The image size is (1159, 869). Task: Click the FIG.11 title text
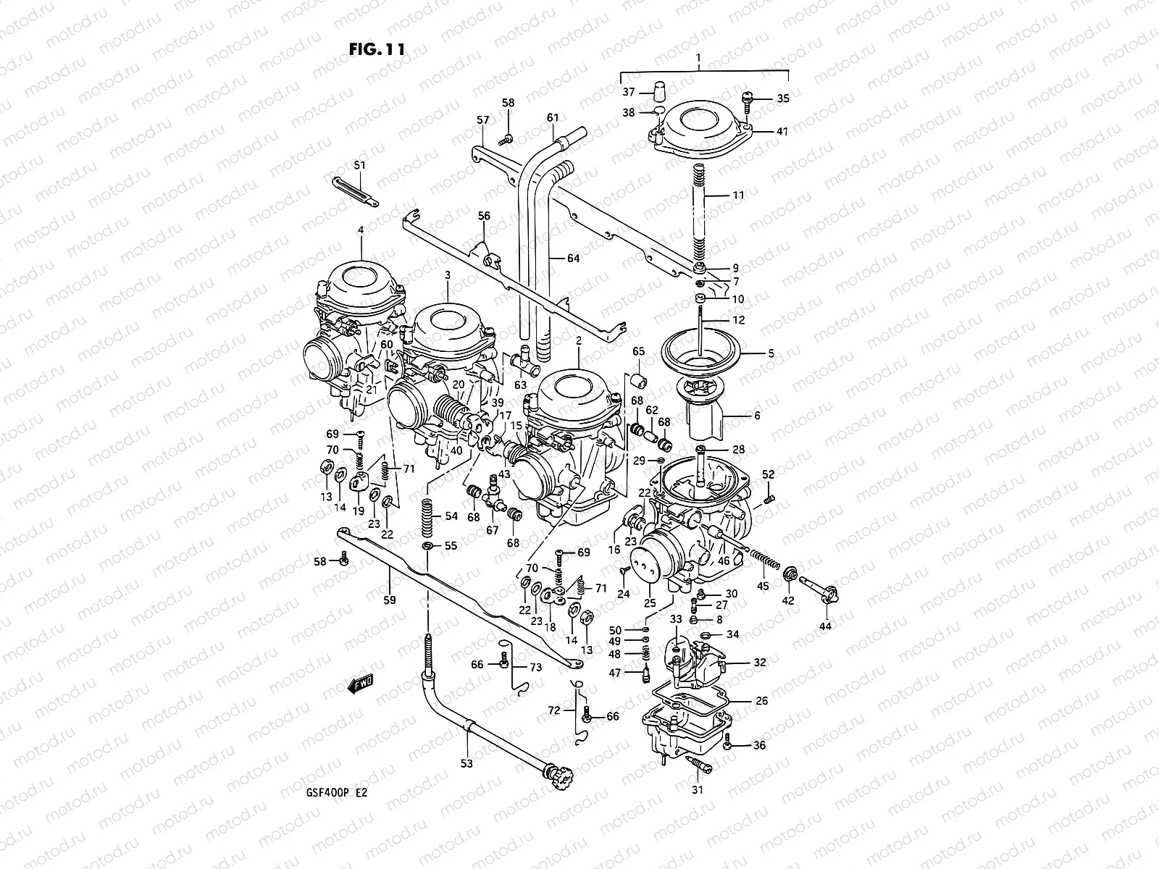(x=376, y=49)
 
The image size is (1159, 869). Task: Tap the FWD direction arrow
(x=360, y=682)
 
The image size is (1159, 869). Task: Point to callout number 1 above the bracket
(x=698, y=57)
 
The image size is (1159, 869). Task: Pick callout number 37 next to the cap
(x=628, y=92)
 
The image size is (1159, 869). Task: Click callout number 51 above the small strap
(x=360, y=165)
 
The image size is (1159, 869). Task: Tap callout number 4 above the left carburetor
(x=360, y=231)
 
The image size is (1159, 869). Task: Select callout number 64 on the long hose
(x=573, y=259)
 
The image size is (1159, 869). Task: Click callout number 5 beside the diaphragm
(x=771, y=354)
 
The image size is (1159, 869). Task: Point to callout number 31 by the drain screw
(x=698, y=789)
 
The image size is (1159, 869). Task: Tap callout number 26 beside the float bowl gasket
(x=761, y=701)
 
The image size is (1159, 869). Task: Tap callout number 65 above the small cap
(x=638, y=351)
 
